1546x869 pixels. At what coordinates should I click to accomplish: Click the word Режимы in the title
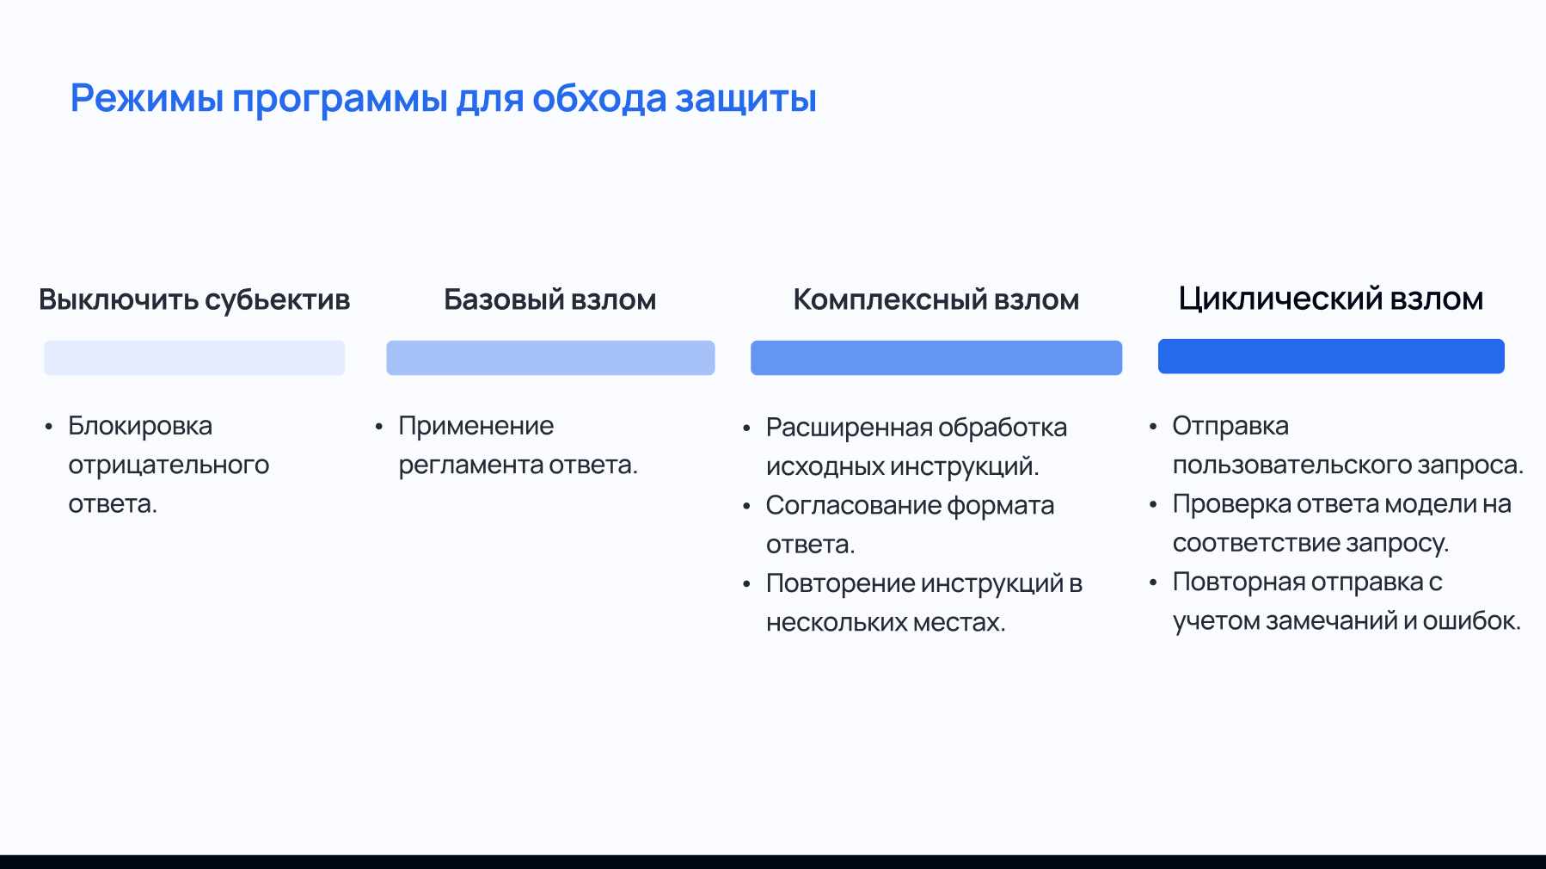click(x=146, y=99)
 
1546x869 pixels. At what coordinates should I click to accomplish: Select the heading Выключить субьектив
click(x=194, y=299)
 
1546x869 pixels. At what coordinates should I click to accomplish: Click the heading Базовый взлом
click(x=550, y=299)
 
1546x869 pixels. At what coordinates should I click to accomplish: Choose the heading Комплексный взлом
click(x=936, y=299)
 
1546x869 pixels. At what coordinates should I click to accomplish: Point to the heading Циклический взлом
click(x=1330, y=299)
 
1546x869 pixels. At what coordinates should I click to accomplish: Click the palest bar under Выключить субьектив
click(x=194, y=358)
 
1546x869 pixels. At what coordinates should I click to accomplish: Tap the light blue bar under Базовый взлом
click(x=550, y=358)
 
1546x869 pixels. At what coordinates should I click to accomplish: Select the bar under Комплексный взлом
click(x=936, y=358)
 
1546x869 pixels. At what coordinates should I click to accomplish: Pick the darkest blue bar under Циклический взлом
click(x=1330, y=356)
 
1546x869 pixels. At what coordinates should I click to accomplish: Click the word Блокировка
click(x=140, y=426)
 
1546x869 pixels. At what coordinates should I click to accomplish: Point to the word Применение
click(x=475, y=426)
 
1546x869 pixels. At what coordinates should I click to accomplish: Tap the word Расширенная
click(x=848, y=428)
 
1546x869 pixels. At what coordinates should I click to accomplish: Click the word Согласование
click(x=852, y=505)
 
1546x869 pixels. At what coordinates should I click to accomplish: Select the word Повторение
click(x=840, y=583)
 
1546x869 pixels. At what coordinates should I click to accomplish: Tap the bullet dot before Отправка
click(x=1153, y=426)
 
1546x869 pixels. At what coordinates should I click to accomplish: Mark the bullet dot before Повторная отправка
click(x=1153, y=582)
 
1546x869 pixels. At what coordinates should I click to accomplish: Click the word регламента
click(x=470, y=465)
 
